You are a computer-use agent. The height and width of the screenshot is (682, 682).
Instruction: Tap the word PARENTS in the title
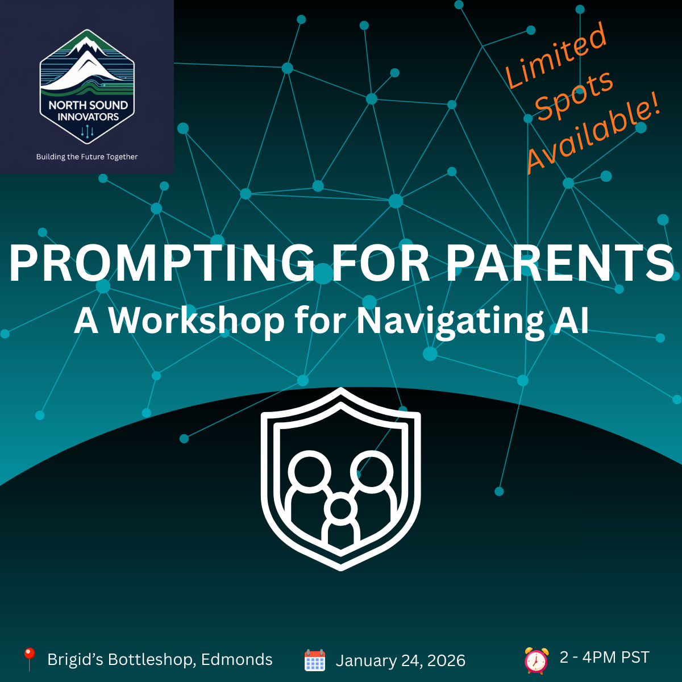[x=560, y=263]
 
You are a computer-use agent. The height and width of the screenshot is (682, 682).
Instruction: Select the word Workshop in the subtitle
[x=196, y=321]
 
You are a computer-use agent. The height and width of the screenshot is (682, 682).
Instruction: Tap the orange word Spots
[x=574, y=95]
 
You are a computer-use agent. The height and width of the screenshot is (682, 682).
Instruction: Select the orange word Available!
[x=593, y=134]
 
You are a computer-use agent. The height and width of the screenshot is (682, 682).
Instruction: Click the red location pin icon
[x=30, y=659]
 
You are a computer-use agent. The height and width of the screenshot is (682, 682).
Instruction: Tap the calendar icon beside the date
[x=315, y=660]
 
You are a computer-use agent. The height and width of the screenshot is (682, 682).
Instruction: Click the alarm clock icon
[x=537, y=660]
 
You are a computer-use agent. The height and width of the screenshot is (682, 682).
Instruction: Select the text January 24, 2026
[x=400, y=661]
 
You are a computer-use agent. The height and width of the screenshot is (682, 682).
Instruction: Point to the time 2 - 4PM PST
[x=605, y=657]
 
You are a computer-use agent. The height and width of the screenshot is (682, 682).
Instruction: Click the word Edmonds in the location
[x=237, y=659]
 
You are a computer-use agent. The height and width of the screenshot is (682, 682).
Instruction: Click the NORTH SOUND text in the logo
[x=88, y=105]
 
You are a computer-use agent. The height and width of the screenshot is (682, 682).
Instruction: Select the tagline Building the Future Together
[x=87, y=157]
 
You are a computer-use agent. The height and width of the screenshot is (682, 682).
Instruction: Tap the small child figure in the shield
[x=340, y=521]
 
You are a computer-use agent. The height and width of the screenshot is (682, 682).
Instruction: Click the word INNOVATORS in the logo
[x=88, y=117]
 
